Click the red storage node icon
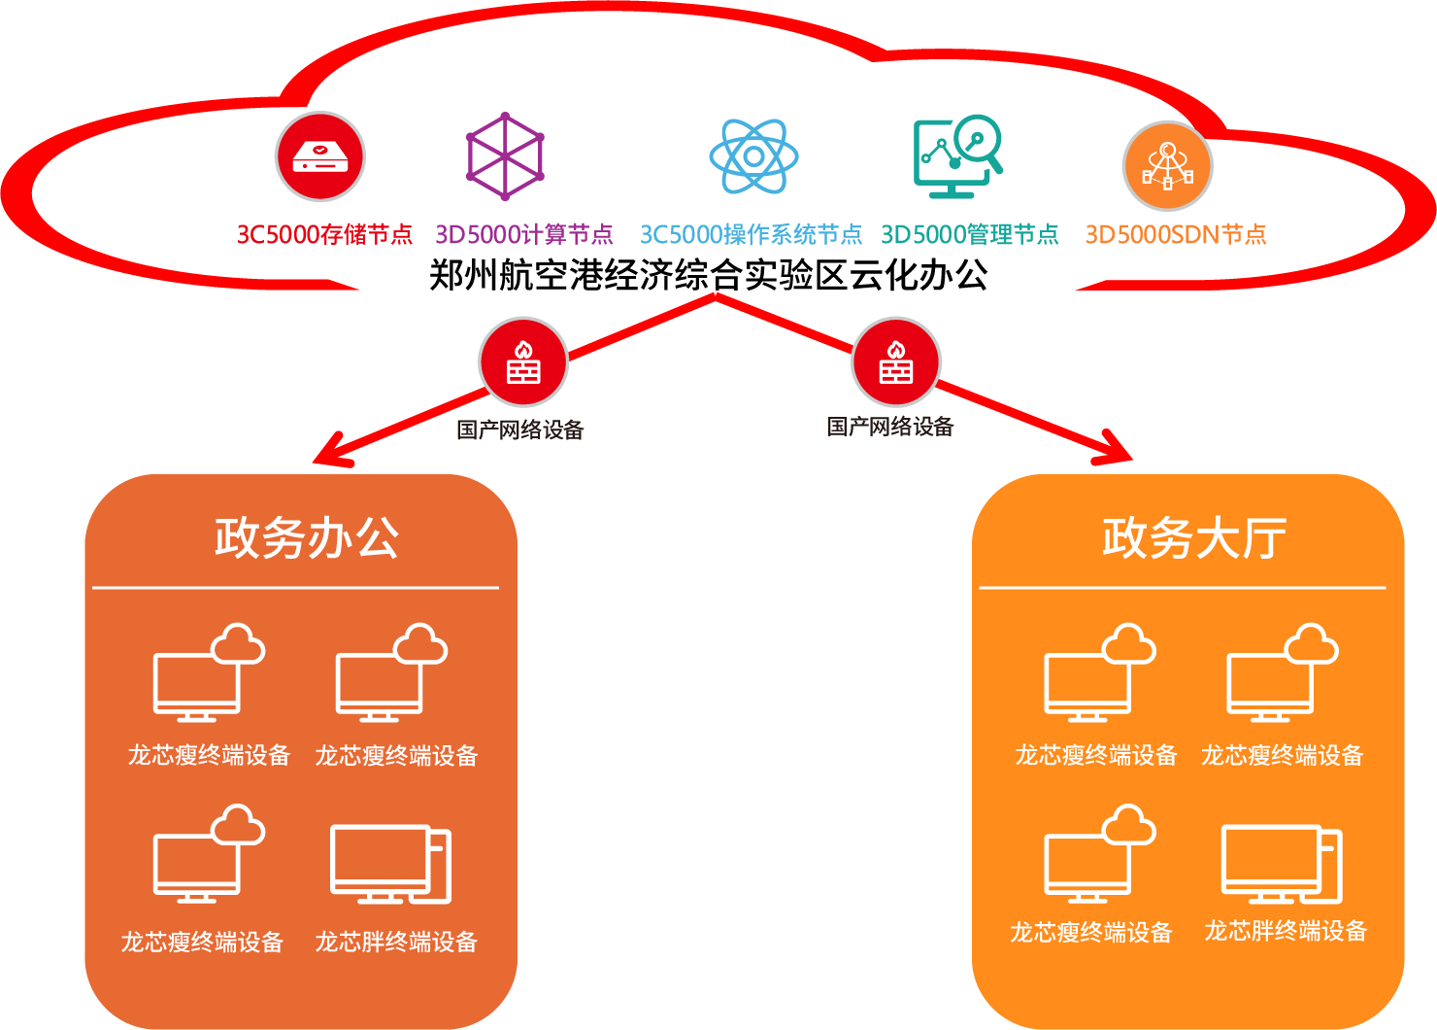point(320,156)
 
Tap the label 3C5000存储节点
point(324,234)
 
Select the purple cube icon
point(505,156)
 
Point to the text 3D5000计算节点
point(524,234)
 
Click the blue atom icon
point(753,156)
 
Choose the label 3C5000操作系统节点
point(751,234)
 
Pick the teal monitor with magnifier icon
point(957,156)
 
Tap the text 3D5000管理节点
point(969,234)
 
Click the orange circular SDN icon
point(1167,166)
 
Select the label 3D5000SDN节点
point(1176,234)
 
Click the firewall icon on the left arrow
point(523,361)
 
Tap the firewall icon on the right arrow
point(896,361)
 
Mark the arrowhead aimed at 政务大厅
point(1118,450)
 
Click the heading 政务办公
point(307,537)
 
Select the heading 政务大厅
point(1194,537)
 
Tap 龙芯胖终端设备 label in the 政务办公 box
point(396,942)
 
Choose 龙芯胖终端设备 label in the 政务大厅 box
point(1286,931)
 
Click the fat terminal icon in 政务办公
point(390,864)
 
